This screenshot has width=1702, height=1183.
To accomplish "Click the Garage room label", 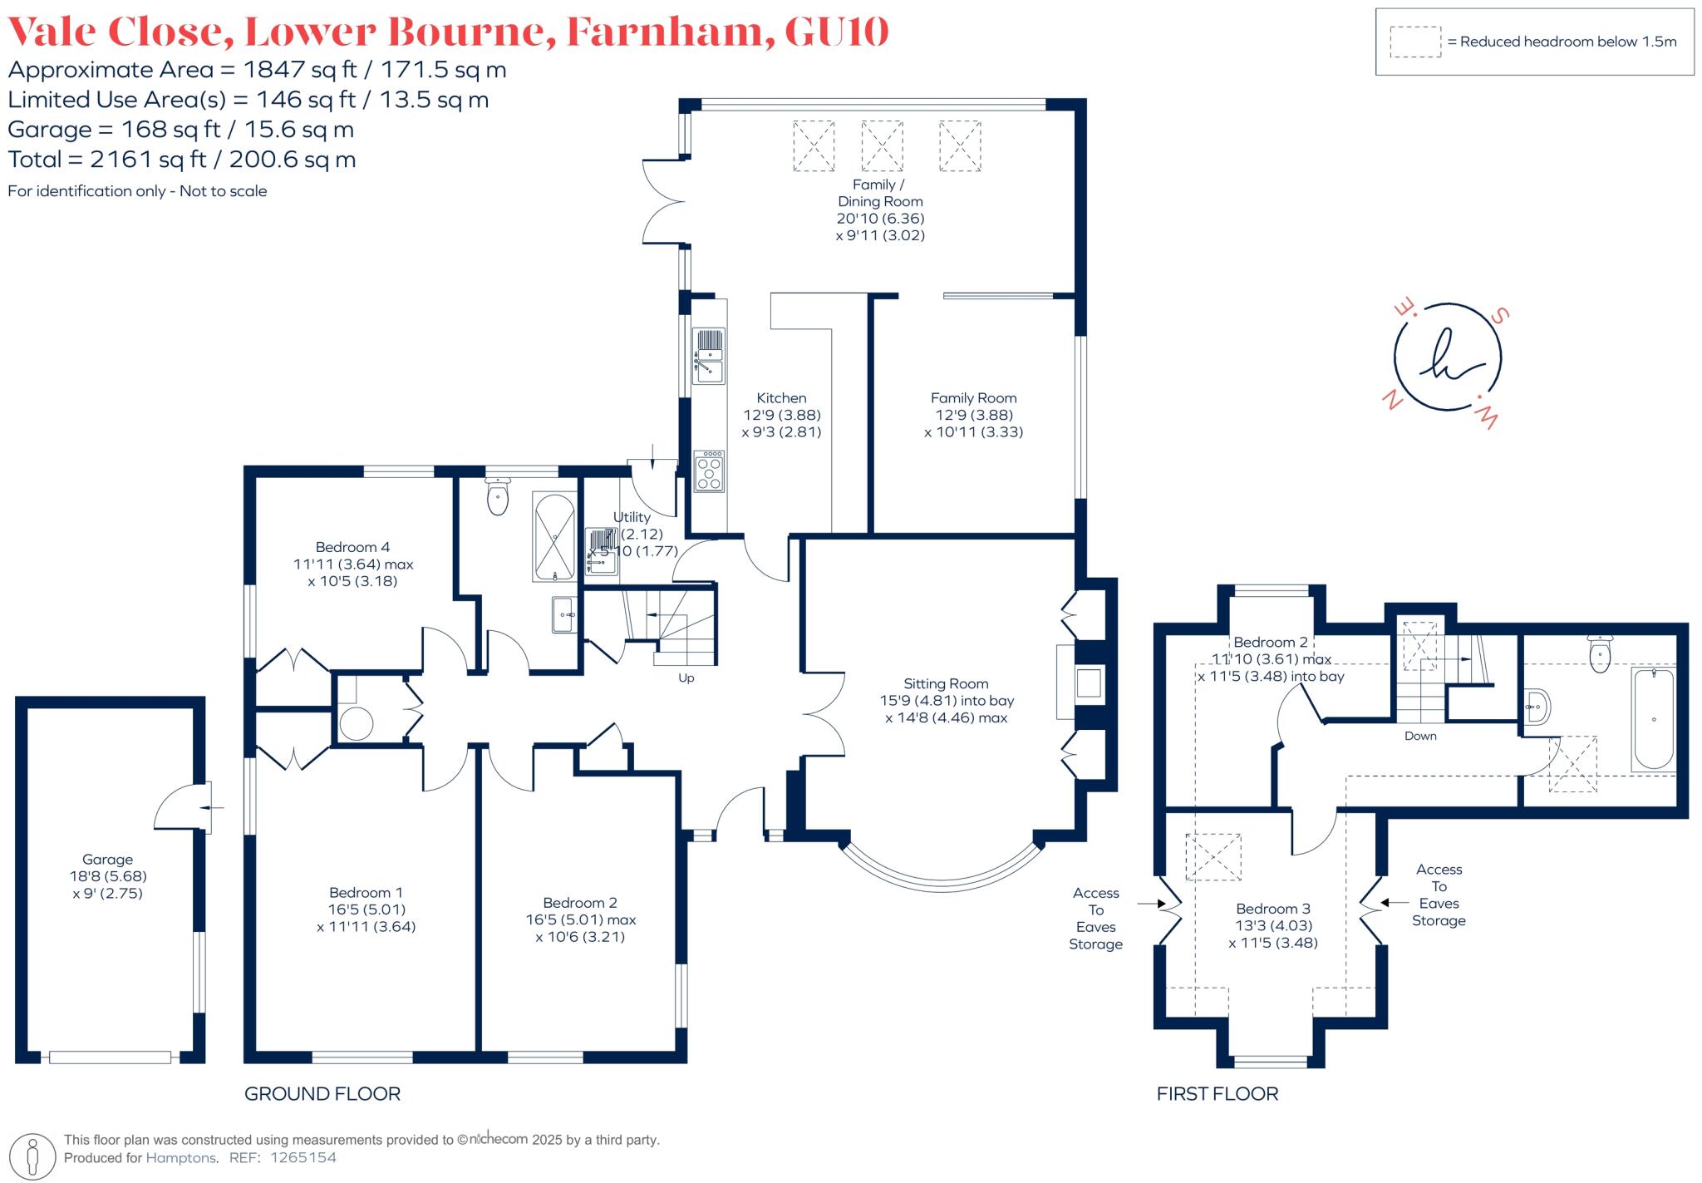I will click(107, 860).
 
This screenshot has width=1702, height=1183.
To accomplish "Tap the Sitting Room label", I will click(946, 683).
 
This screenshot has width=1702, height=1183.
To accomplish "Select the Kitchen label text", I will click(781, 398).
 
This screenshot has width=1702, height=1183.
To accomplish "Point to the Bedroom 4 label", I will click(352, 547).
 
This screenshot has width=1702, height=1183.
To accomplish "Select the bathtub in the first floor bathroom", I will click(1653, 718).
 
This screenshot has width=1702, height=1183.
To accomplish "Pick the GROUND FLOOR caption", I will click(322, 1094).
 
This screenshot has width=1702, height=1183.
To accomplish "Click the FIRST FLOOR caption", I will click(1217, 1094).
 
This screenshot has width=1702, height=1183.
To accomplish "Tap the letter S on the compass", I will click(1500, 315).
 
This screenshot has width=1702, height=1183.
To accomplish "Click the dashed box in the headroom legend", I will click(1415, 42).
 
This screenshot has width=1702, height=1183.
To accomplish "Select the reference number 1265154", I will click(303, 1157).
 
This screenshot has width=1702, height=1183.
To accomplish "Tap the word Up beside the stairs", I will click(686, 678).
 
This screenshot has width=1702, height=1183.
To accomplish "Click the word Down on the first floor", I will click(1420, 736).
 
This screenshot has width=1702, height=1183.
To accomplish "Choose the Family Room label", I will click(973, 398).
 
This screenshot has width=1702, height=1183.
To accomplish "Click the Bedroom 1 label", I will click(366, 892).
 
